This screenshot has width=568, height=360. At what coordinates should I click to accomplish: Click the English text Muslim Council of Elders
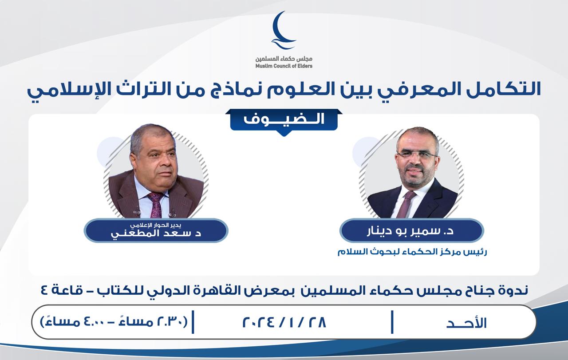click(284, 66)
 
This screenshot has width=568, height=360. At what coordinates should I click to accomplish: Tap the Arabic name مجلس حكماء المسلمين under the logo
click(284, 59)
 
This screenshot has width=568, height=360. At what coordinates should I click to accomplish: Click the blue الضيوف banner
click(284, 120)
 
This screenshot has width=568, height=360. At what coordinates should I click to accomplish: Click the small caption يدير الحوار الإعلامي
click(155, 225)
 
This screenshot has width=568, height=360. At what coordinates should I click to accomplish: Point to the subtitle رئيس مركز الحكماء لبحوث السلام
click(412, 252)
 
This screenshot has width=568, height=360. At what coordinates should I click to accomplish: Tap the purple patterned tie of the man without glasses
click(155, 205)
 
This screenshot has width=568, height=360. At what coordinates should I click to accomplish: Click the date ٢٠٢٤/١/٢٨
click(284, 322)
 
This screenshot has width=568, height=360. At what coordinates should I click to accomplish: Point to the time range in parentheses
click(114, 322)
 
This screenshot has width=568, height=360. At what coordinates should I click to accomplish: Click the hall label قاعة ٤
click(62, 290)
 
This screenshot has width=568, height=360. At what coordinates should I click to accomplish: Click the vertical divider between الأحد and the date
click(392, 322)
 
